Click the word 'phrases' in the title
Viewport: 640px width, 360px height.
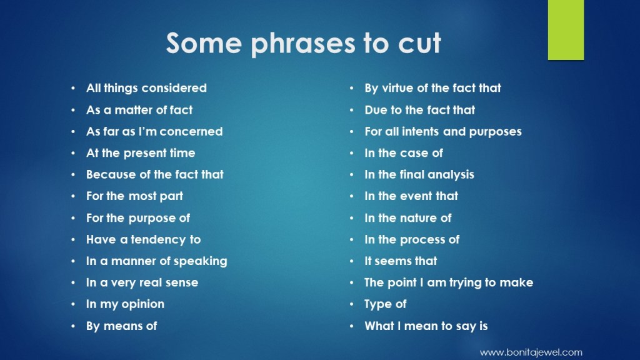[302, 44]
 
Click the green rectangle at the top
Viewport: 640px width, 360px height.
[566, 30]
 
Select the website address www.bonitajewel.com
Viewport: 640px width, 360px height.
[531, 352]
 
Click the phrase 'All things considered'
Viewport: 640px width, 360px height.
[146, 87]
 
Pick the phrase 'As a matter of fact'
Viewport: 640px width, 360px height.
[139, 110]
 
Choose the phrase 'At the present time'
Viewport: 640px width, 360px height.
[141, 153]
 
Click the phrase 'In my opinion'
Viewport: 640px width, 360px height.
[125, 304]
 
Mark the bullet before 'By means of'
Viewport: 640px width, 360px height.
[73, 326]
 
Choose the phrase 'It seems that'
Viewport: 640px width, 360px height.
[401, 261]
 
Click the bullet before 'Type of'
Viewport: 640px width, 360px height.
[351, 304]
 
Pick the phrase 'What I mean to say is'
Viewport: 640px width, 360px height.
[426, 326]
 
